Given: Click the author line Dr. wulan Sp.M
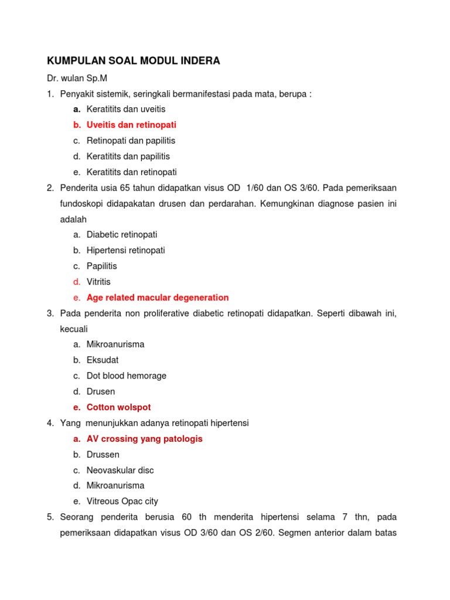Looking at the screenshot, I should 77,78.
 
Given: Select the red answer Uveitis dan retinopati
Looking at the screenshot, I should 131,125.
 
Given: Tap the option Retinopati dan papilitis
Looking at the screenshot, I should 131,141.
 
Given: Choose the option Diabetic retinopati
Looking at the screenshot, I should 122,234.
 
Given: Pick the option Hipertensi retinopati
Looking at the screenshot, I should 125,250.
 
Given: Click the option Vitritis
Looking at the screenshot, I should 98,282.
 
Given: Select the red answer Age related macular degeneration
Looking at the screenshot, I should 158,298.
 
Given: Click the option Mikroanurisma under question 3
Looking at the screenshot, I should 115,345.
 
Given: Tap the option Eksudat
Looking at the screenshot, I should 103,360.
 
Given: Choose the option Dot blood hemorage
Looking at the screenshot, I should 127,376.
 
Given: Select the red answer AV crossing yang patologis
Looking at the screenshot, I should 144,439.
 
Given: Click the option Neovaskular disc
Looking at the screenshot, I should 120,470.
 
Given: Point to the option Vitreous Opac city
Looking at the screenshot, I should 122,501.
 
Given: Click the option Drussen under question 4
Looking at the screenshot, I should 103,454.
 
